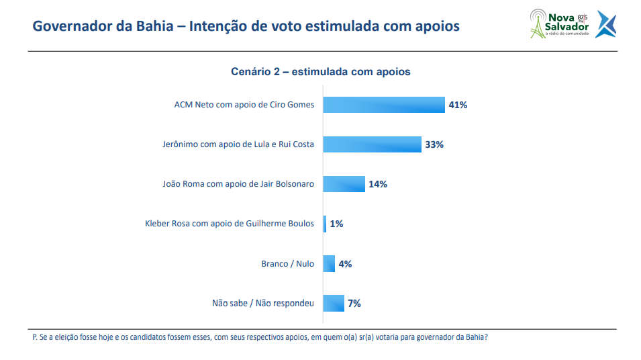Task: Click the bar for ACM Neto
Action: tap(384, 105)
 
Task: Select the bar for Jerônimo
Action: tap(373, 144)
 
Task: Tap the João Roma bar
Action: tap(344, 184)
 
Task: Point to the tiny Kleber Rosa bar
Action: tap(325, 224)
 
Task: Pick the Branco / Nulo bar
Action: tap(329, 263)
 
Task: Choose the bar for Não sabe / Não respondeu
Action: tap(334, 303)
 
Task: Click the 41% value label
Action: tap(458, 105)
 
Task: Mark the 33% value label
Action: tap(434, 144)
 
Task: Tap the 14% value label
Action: tap(377, 184)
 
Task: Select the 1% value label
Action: tap(336, 224)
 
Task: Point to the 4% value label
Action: tap(345, 263)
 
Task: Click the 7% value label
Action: tap(354, 303)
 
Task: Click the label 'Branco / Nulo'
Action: tap(287, 263)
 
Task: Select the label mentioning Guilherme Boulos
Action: tap(230, 224)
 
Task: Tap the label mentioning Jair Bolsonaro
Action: tap(238, 184)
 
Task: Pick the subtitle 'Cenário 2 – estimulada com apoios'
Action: tap(320, 71)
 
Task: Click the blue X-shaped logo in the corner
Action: tap(605, 24)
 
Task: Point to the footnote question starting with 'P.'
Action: tap(260, 338)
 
